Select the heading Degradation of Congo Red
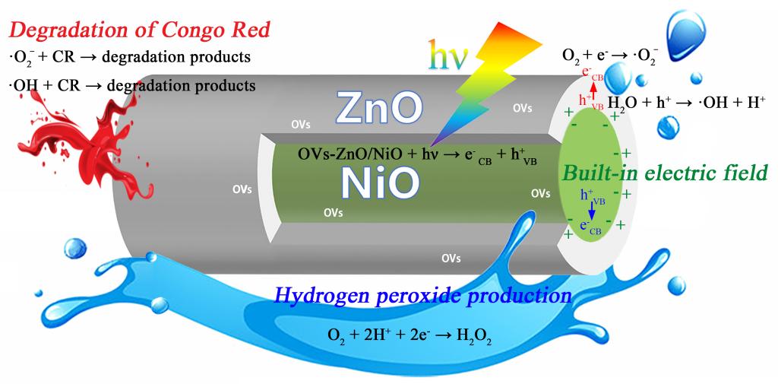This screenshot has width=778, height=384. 139,31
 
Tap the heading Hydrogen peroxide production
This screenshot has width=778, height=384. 422,295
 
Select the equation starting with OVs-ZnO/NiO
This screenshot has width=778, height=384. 417,155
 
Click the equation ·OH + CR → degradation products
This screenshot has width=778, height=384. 131,85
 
